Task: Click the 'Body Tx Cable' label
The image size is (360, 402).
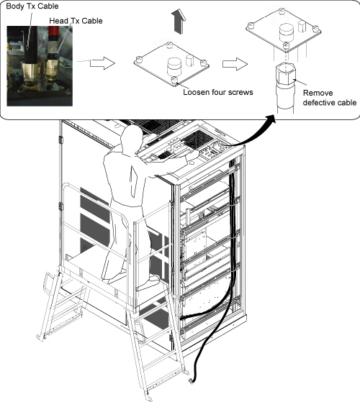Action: coord(32,6)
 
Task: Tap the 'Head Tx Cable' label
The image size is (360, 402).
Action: coord(76,21)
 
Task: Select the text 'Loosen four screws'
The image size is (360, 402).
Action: coord(218,92)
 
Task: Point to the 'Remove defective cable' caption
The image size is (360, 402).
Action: coord(330,98)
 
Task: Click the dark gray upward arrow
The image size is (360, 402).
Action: coord(179,22)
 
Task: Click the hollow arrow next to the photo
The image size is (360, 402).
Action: coord(102,63)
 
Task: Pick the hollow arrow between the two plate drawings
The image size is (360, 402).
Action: coord(235,64)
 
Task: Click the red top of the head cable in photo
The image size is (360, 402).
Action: coord(54,31)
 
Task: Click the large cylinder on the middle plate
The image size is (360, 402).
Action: coord(174,66)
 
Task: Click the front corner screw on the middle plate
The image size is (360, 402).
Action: coord(174,80)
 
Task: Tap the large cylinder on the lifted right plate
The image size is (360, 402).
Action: coord(287,31)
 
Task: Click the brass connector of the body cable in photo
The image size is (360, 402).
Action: coord(30,72)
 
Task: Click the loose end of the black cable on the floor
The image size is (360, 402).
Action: coord(191,381)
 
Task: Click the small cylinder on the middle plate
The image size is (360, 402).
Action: coord(189,60)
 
